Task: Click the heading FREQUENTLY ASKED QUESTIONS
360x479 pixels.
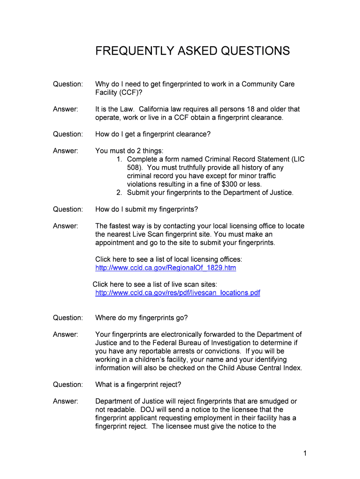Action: (193, 51)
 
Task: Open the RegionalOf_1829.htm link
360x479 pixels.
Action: (166, 268)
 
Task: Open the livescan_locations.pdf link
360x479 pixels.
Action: (178, 293)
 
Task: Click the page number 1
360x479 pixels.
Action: (304, 453)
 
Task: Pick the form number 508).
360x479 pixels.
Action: (135, 167)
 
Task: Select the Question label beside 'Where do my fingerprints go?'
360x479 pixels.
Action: (68, 318)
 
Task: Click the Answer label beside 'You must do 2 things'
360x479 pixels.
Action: (65, 151)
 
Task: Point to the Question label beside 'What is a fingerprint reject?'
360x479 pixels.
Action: (68, 385)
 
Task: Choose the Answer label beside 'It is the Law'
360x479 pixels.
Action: (65, 109)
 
